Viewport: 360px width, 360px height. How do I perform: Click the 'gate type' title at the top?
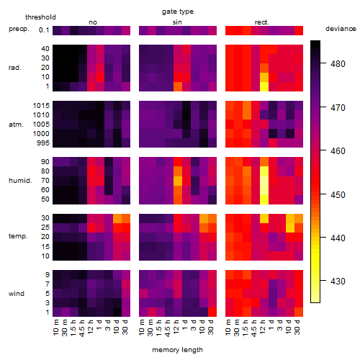click(x=178, y=12)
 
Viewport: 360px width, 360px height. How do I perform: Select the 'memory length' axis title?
click(x=177, y=350)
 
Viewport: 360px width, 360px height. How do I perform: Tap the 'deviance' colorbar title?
click(x=341, y=29)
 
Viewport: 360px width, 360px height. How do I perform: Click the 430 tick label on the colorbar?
click(x=338, y=281)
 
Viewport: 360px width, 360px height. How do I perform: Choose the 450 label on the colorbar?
click(x=338, y=194)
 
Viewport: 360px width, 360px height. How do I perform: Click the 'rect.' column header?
click(x=262, y=22)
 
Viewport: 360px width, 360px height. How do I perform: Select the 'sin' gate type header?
click(x=177, y=22)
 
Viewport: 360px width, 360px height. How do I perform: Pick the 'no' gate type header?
click(x=93, y=22)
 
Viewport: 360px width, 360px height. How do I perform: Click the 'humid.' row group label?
click(x=20, y=181)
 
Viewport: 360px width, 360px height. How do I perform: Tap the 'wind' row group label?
click(x=17, y=294)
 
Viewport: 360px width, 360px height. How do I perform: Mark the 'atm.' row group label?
click(x=16, y=125)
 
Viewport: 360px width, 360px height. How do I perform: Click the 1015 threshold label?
click(x=41, y=106)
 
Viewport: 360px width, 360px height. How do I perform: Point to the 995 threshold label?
click(x=43, y=143)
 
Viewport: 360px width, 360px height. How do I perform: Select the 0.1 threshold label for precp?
click(x=44, y=30)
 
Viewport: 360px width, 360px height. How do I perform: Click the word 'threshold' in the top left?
click(x=40, y=17)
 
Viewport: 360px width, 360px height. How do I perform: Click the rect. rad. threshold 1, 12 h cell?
click(x=264, y=86)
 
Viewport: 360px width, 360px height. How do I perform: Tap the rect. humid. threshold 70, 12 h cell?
click(x=264, y=181)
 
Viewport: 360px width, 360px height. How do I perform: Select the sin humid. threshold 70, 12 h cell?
click(x=178, y=181)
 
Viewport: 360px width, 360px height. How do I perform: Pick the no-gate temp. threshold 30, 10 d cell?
click(x=117, y=218)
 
